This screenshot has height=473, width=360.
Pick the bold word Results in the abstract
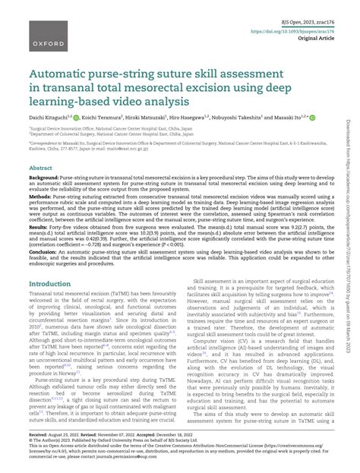39,227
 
